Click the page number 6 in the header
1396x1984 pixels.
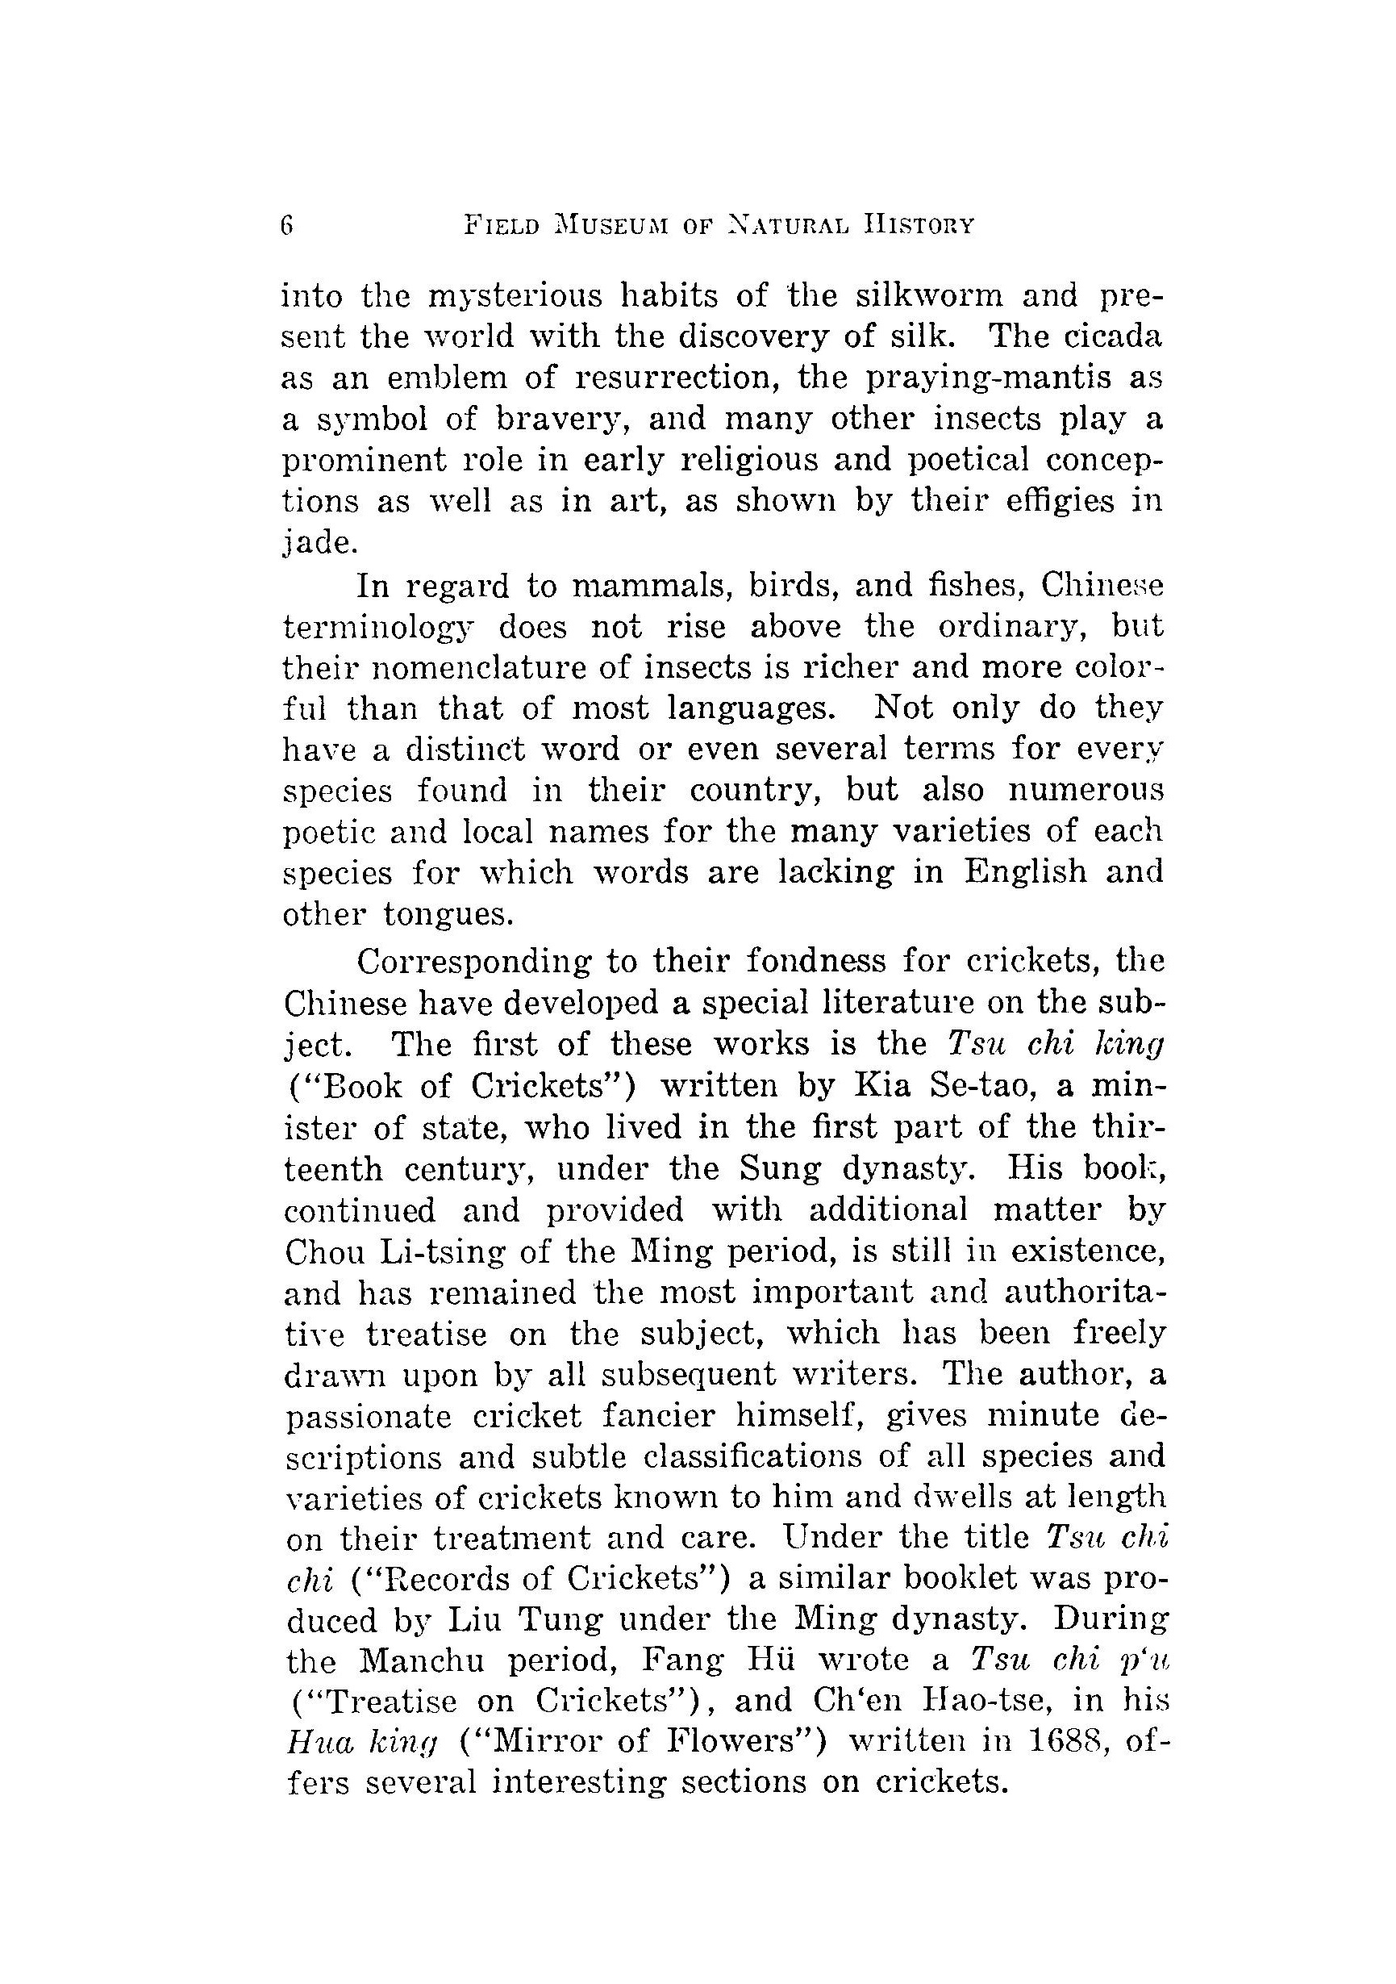288,226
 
